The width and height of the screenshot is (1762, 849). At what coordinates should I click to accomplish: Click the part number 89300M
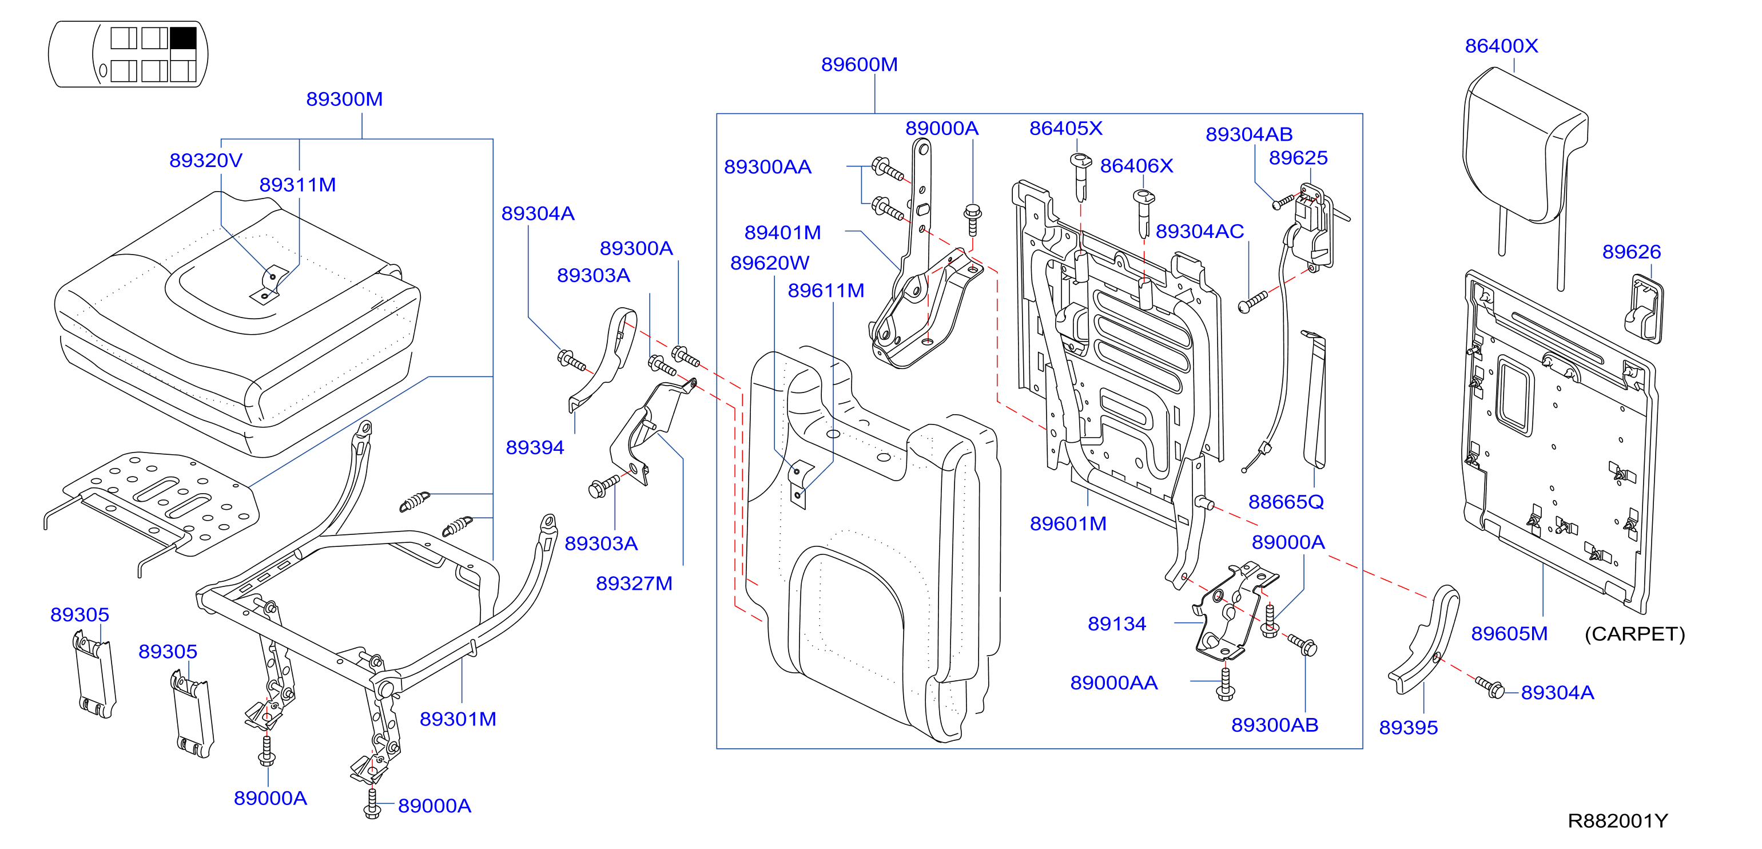344,99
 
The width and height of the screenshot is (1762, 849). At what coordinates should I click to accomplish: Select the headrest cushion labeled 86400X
1525,147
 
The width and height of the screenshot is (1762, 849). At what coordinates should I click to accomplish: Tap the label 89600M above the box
859,64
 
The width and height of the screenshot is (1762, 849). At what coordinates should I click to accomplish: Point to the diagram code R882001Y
1618,820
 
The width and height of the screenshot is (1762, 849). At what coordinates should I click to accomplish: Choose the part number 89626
1632,252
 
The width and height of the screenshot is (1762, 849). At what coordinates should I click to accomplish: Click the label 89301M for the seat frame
458,719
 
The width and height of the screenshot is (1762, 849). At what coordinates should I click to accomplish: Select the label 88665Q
1286,502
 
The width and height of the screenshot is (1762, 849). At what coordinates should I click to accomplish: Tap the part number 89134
1117,624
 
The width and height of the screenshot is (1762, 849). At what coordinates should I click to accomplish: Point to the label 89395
1409,727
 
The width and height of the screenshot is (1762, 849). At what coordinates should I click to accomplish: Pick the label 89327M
634,584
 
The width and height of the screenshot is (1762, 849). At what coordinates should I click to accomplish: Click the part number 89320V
206,160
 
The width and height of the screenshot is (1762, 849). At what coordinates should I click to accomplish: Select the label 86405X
1065,129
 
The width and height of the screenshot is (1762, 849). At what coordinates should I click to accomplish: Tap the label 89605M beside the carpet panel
1509,633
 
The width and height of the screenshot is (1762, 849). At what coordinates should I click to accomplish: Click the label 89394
535,447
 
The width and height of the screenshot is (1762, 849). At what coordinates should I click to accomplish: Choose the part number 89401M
782,233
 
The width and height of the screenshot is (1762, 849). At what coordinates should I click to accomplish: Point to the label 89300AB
1274,725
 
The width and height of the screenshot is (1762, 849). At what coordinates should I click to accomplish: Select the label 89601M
1068,524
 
